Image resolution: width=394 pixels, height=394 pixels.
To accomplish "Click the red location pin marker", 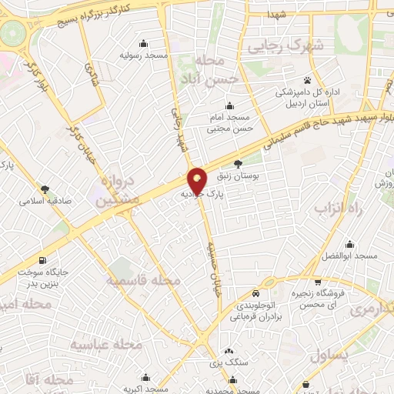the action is click(x=198, y=180).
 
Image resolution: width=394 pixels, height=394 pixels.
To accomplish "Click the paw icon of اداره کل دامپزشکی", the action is click(x=306, y=80).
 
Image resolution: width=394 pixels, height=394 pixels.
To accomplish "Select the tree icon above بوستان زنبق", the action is click(x=237, y=163).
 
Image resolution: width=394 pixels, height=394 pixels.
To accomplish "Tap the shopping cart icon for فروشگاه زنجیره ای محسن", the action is click(x=318, y=282).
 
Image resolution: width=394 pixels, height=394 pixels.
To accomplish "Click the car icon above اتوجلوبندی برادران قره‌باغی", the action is click(x=255, y=293).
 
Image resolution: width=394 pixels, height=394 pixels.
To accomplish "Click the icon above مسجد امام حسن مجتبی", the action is click(x=229, y=106).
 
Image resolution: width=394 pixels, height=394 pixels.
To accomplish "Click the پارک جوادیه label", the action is click(x=206, y=195).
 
